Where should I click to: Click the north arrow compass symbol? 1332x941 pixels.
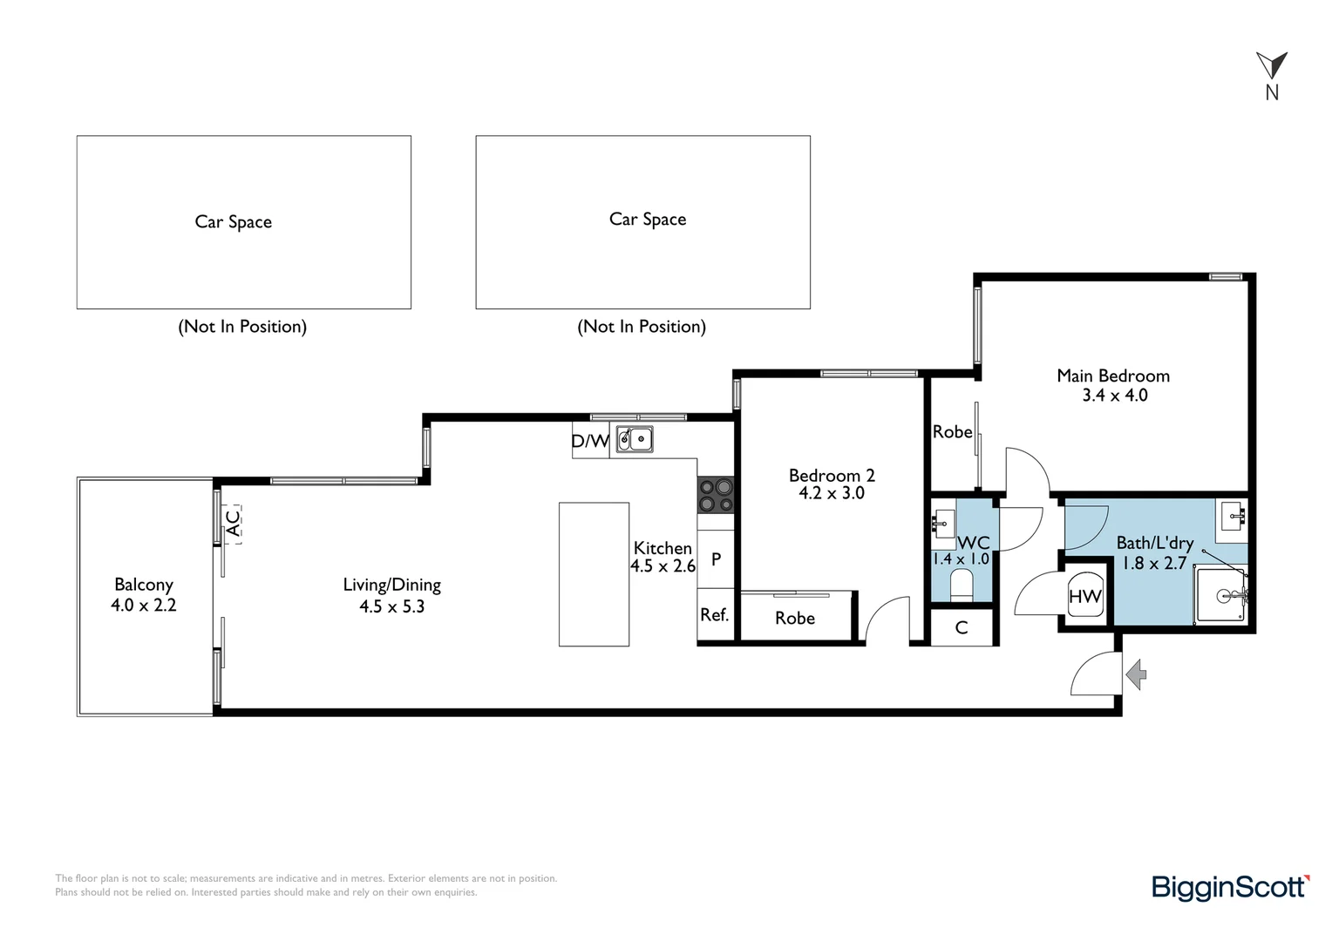tap(1271, 66)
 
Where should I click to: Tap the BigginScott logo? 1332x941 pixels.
tap(1230, 887)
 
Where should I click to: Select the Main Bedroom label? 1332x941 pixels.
tap(1113, 376)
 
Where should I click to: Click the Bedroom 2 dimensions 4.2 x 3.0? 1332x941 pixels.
tap(832, 493)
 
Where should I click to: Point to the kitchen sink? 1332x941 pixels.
tap(635, 439)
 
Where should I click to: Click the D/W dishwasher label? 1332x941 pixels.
tap(590, 441)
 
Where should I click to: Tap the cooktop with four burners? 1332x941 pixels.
tap(716, 495)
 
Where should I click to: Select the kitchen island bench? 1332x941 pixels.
tap(594, 574)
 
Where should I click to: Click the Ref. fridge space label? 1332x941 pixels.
tap(714, 615)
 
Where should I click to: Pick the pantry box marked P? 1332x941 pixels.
tap(716, 559)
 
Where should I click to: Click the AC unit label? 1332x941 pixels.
tap(232, 523)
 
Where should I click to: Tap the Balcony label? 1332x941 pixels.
tap(144, 585)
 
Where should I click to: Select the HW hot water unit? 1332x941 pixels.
tap(1084, 596)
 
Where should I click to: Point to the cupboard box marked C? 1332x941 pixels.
tap(962, 627)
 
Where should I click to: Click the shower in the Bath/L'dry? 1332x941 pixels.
tap(1221, 595)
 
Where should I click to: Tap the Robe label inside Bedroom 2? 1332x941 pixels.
tap(795, 618)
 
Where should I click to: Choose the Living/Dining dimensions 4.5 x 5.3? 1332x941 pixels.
tap(391, 606)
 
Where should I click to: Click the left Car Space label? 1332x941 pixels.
tap(233, 222)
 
